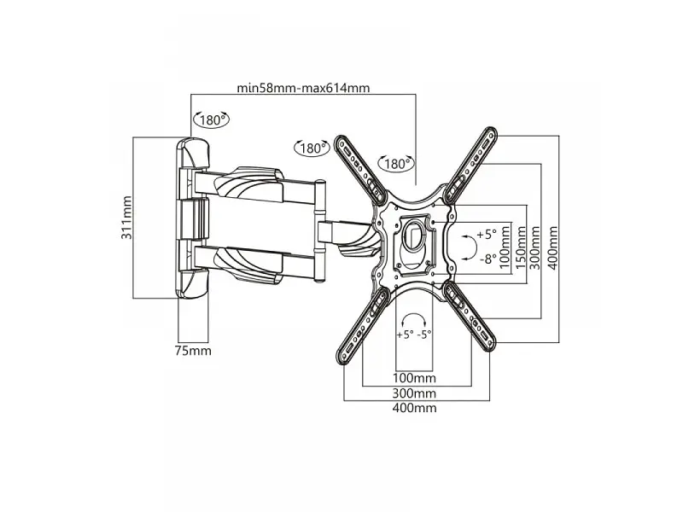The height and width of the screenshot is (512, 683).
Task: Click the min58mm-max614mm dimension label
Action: (303, 88)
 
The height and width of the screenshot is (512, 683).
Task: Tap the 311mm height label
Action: (126, 218)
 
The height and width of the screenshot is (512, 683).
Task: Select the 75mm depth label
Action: (193, 351)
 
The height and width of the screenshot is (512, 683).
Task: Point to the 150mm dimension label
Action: (521, 247)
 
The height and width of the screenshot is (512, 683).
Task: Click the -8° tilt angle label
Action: (488, 259)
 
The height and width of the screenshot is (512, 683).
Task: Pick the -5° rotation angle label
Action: (423, 335)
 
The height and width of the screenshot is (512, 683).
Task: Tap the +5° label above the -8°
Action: (487, 234)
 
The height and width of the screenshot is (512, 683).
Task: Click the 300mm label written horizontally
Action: (414, 393)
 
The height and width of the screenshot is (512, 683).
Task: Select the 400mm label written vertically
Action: (552, 247)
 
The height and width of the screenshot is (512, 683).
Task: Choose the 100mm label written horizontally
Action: (414, 378)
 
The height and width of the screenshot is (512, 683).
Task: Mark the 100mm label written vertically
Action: (505, 247)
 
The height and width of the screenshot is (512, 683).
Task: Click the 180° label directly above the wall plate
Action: (212, 119)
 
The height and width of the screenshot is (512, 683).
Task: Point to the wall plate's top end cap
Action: (193, 153)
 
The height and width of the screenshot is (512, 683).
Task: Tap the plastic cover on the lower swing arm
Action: (248, 265)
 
